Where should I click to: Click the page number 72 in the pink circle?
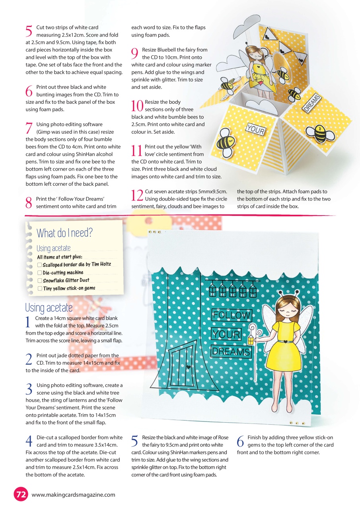click(x=21, y=494)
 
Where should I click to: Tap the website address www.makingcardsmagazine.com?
click(x=73, y=495)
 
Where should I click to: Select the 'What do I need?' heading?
click(x=64, y=233)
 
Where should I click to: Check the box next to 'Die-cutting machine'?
click(x=39, y=273)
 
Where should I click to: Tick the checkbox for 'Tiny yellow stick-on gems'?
click(x=39, y=289)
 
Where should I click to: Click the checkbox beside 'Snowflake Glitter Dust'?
click(x=39, y=281)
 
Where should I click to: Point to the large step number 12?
click(x=137, y=195)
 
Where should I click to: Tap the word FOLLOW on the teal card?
click(x=232, y=315)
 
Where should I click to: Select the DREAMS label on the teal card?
click(x=231, y=352)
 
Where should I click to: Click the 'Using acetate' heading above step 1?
click(x=49, y=307)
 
